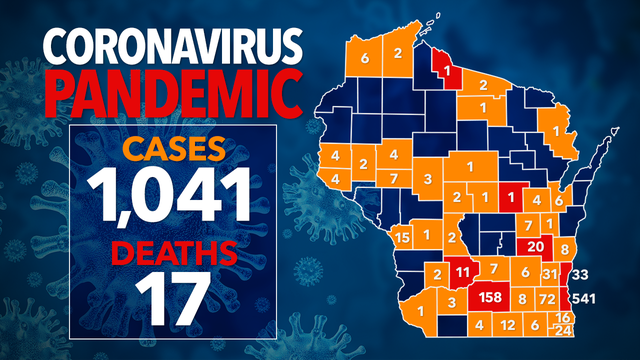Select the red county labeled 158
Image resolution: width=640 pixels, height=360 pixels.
[x=491, y=298]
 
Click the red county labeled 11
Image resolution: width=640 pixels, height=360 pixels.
[x=461, y=272]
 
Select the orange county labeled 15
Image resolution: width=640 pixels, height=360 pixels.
[x=402, y=237]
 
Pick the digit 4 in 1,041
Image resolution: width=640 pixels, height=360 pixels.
[x=193, y=197]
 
